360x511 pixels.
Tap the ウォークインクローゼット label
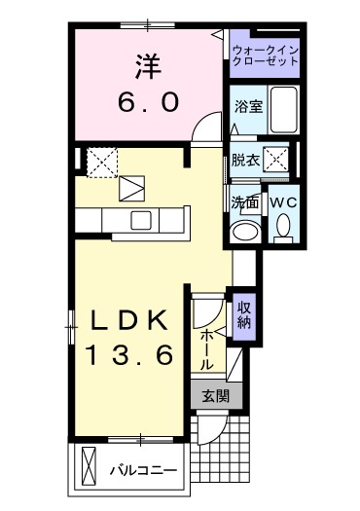264,55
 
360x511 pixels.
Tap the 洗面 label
244,202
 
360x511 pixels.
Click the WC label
282,201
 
